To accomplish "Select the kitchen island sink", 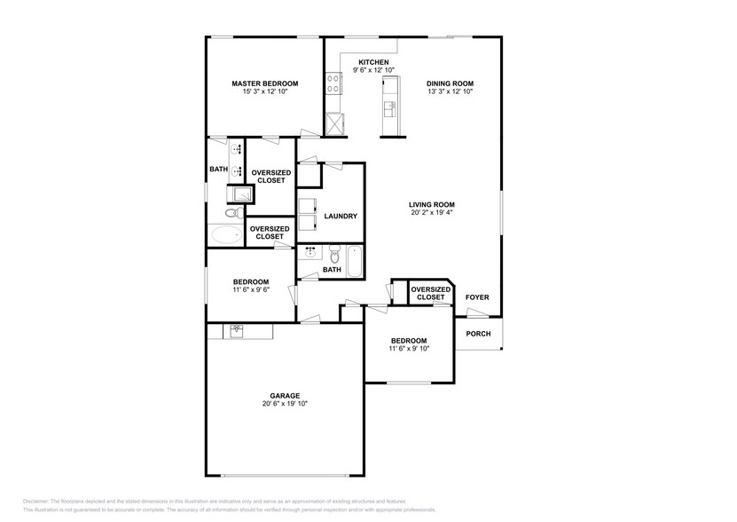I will pos(389,108).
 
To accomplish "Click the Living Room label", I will pos(431,204).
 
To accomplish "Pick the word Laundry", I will pos(341,216).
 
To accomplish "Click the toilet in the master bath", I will pos(231,214).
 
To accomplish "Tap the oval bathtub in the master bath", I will pos(226,236).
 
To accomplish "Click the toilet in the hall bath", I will pos(334,253).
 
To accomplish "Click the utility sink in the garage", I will pos(237,331).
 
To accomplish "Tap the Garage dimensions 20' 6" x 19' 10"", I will pos(285,404).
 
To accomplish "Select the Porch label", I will pos(478,334).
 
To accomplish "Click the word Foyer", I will pos(477,297).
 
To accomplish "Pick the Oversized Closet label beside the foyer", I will pos(431,293).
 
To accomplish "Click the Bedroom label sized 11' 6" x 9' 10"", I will pos(409,341).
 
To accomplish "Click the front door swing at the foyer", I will pos(465,312).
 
